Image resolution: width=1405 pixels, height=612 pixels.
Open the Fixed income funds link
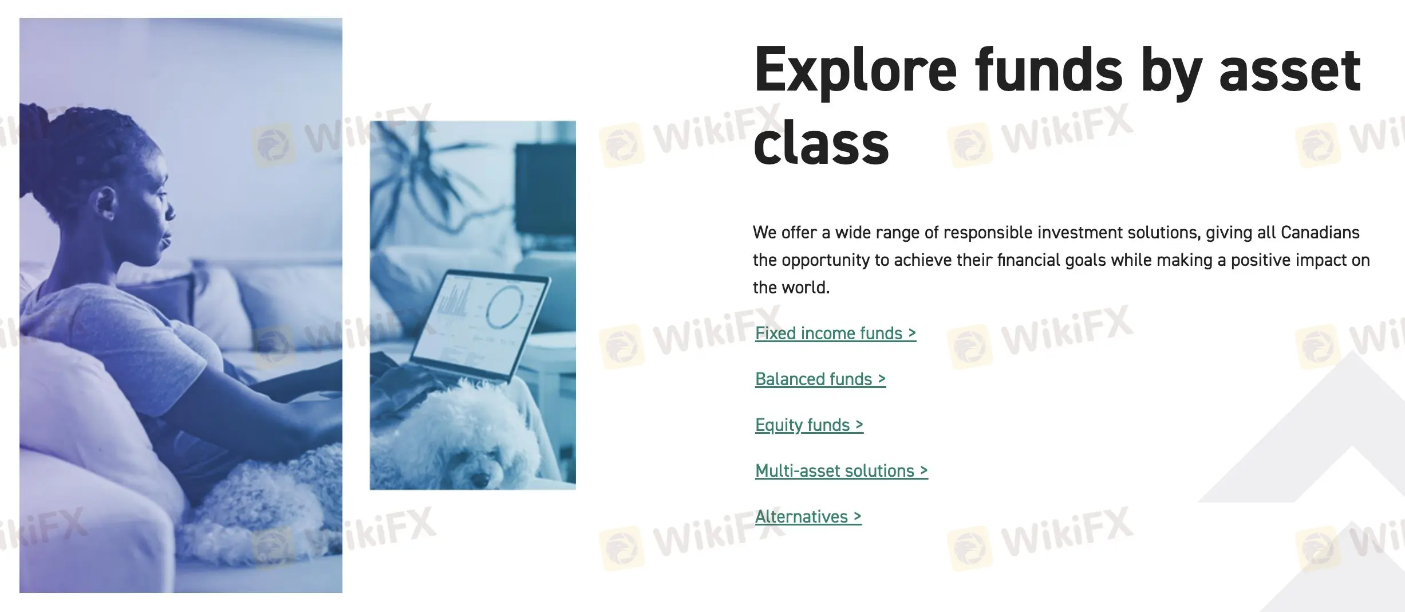click(835, 333)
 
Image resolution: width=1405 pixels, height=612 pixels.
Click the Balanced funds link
click(820, 379)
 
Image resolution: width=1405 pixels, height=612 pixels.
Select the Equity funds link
click(809, 425)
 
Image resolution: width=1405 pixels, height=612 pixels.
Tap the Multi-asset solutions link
click(841, 470)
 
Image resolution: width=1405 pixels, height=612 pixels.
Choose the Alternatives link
click(808, 516)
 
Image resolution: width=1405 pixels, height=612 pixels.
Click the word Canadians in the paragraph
click(1320, 232)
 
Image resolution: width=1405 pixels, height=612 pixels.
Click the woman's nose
click(170, 211)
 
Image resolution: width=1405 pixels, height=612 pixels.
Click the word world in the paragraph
click(807, 287)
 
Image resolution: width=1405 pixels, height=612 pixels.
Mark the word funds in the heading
click(1049, 70)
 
